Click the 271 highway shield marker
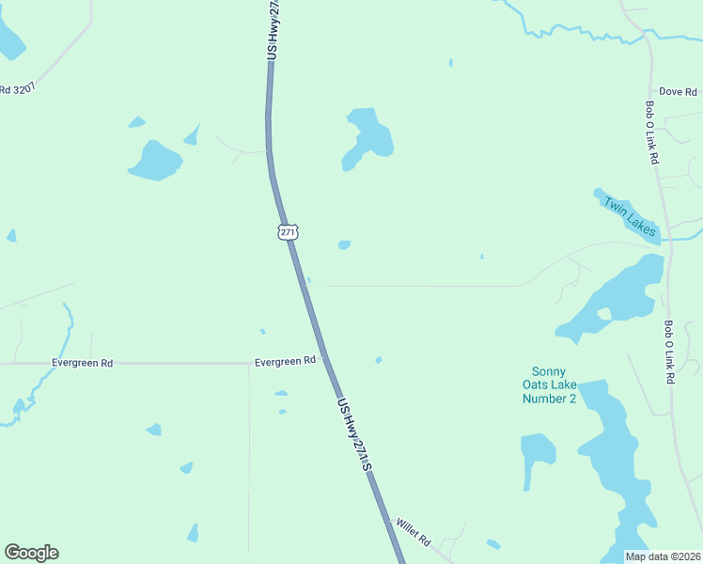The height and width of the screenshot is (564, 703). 288,231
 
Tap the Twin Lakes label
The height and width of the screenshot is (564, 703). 628,215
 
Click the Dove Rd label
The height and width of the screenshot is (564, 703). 678,92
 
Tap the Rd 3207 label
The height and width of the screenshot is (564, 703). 17,90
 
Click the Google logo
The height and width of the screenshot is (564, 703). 31,553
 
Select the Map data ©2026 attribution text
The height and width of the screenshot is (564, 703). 663,556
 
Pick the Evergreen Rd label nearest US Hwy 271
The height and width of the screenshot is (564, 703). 285,361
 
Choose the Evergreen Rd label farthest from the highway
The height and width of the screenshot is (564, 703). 82,362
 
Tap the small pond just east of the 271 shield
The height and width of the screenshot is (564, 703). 344,245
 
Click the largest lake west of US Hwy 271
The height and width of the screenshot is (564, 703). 154,161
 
